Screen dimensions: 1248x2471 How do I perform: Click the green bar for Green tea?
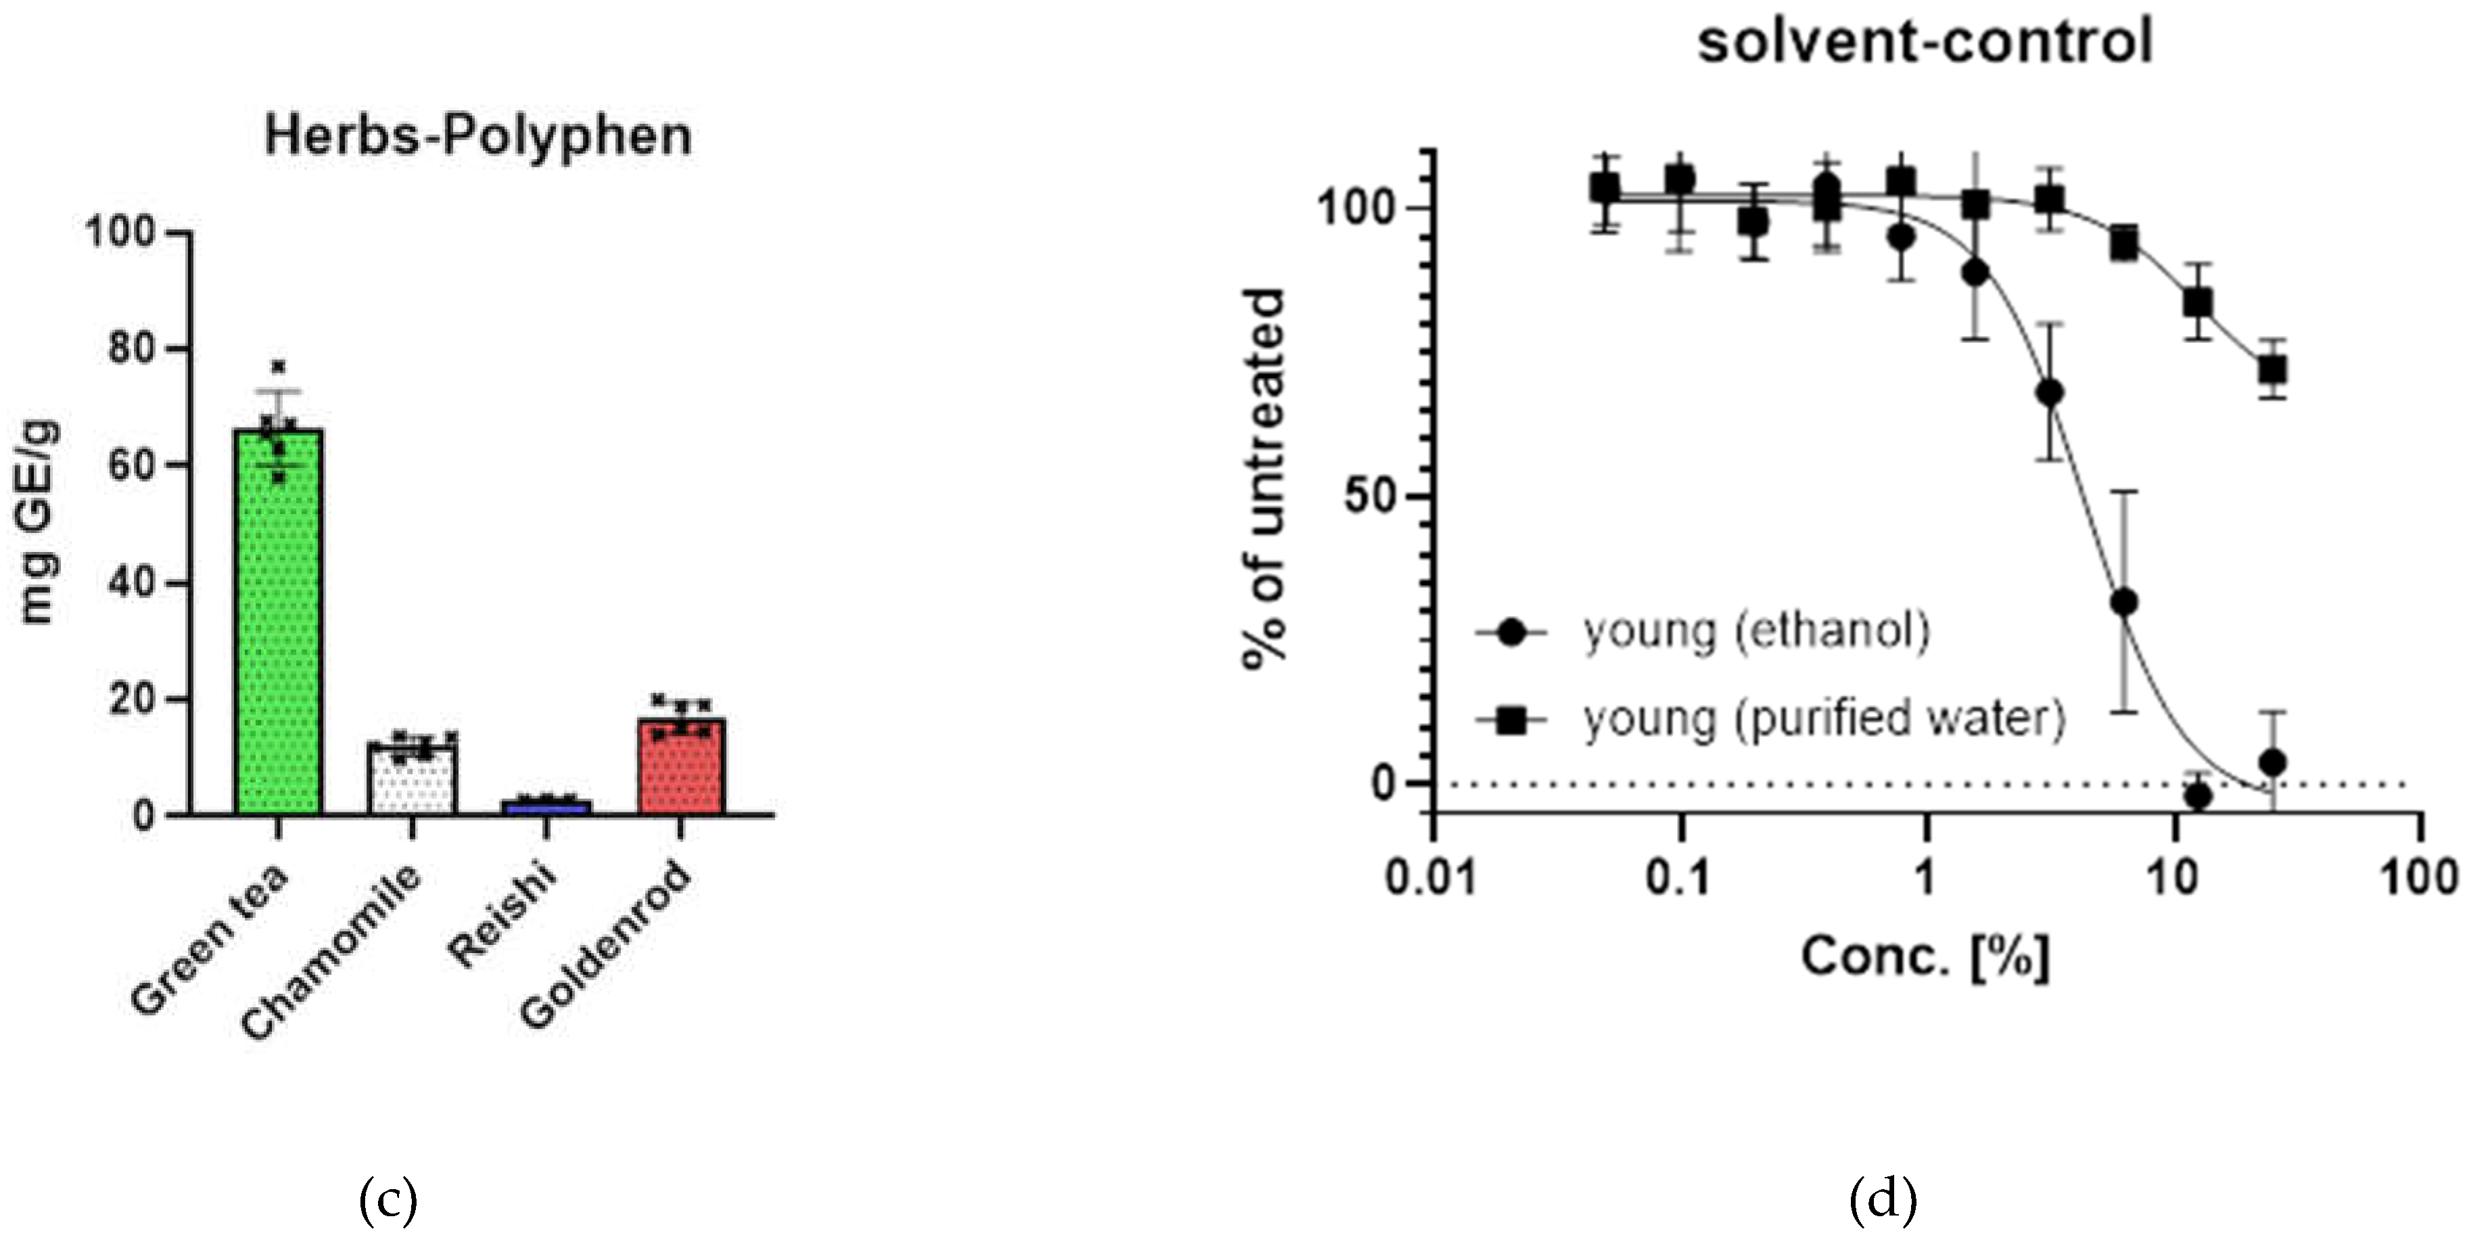tap(278, 624)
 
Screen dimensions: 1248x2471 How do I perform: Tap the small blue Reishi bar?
tap(546, 807)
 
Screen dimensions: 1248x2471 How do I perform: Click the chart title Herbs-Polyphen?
tap(477, 135)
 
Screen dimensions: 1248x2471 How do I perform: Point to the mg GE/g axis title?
tap(39, 523)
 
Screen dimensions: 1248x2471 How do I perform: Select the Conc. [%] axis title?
tap(1925, 957)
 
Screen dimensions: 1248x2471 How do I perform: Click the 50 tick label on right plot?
tap(1371, 497)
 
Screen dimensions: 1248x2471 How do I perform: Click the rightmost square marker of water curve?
tap(2272, 369)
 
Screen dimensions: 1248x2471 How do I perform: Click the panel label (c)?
tap(387, 1200)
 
